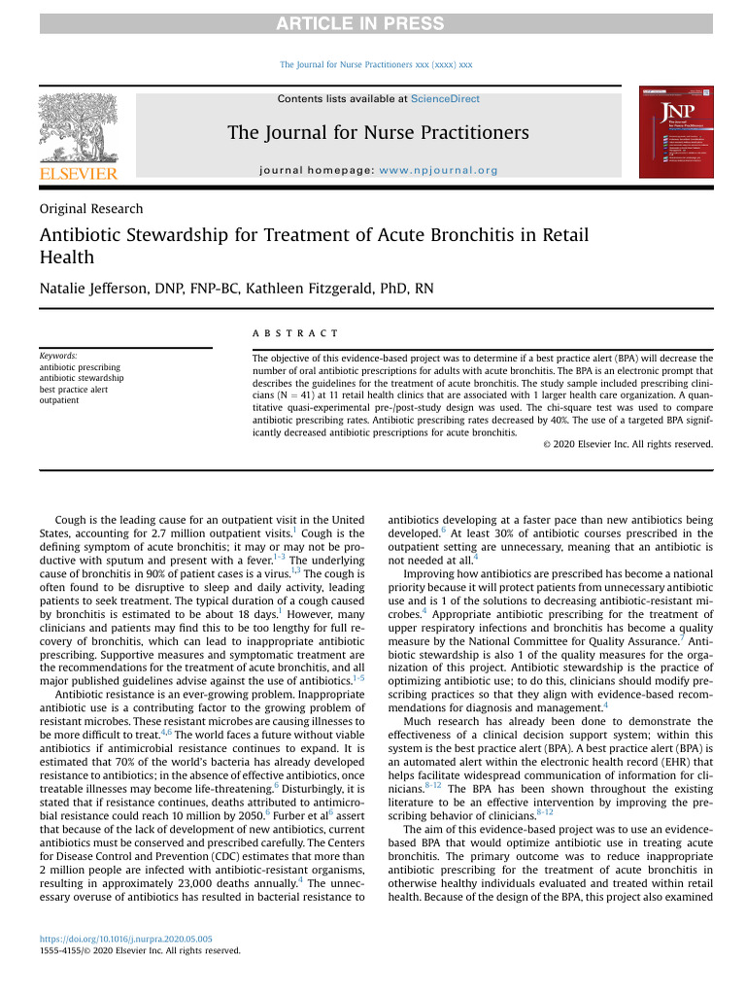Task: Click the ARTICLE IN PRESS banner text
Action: (x=373, y=23)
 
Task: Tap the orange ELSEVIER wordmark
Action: (x=78, y=173)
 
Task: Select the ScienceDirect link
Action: (x=445, y=99)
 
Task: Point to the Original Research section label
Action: (x=91, y=209)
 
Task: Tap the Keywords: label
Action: (x=58, y=357)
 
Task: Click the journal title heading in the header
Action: (x=378, y=132)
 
